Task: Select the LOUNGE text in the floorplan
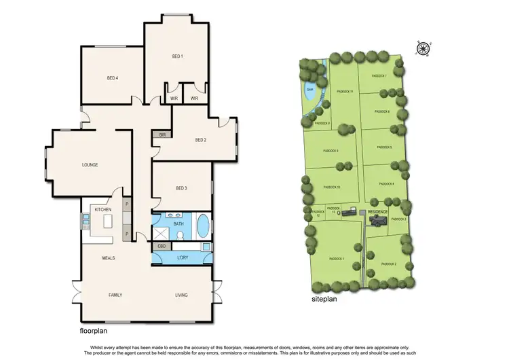[x=90, y=165]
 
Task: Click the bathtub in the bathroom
[x=203, y=224]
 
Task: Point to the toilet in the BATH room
[x=180, y=235]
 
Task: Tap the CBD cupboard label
[x=162, y=246]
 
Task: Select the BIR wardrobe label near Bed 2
[x=162, y=135]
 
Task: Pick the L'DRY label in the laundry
[x=182, y=258]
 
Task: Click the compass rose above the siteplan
[x=423, y=48]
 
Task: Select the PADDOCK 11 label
[x=346, y=92]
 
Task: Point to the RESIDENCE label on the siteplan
[x=378, y=212]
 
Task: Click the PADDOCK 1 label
[x=337, y=259]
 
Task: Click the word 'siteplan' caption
[x=324, y=297]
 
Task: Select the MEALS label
[x=109, y=258]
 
